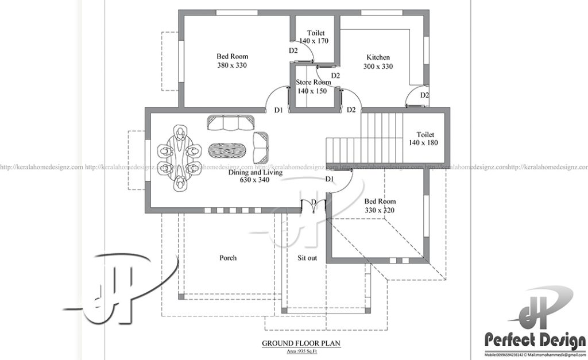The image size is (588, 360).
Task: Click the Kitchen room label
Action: point(378,57)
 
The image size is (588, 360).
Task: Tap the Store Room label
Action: point(314,82)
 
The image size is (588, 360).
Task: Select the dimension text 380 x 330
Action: point(232,65)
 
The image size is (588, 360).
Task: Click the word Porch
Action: point(228,258)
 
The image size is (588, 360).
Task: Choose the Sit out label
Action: point(307,258)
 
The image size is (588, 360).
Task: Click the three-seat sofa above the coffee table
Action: point(232,123)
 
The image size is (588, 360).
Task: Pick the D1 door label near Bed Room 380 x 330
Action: point(278,110)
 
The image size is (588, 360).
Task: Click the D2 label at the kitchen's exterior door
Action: point(424,95)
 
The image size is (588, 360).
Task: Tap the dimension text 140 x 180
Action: point(424,142)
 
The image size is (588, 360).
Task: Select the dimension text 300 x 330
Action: point(378,67)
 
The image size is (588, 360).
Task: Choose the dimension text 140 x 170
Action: point(314,41)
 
